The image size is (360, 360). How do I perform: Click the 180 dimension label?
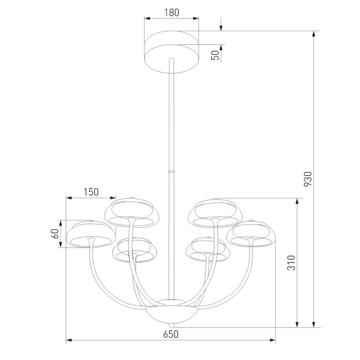click(172, 13)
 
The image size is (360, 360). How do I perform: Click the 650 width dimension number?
click(171, 334)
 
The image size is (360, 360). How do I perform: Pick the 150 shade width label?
click(91, 192)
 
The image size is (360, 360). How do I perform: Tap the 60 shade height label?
click(55, 233)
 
